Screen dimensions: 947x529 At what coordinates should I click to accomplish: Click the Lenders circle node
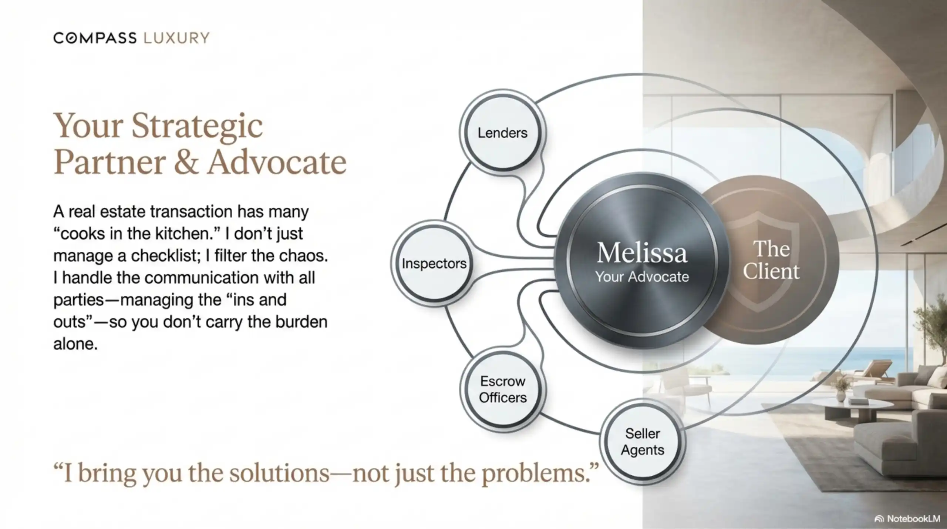502,132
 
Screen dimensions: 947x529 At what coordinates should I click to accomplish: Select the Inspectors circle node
434,263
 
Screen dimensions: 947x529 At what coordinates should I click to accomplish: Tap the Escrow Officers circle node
502,389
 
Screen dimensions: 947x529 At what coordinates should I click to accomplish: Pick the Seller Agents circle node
643,442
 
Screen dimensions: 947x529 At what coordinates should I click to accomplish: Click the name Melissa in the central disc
642,253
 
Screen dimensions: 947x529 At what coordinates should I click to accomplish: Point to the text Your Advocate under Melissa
642,277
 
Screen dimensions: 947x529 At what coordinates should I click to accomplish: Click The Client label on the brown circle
771,260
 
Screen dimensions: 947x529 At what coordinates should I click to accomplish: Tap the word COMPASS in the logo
95,38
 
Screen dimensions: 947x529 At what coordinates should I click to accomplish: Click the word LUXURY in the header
176,38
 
